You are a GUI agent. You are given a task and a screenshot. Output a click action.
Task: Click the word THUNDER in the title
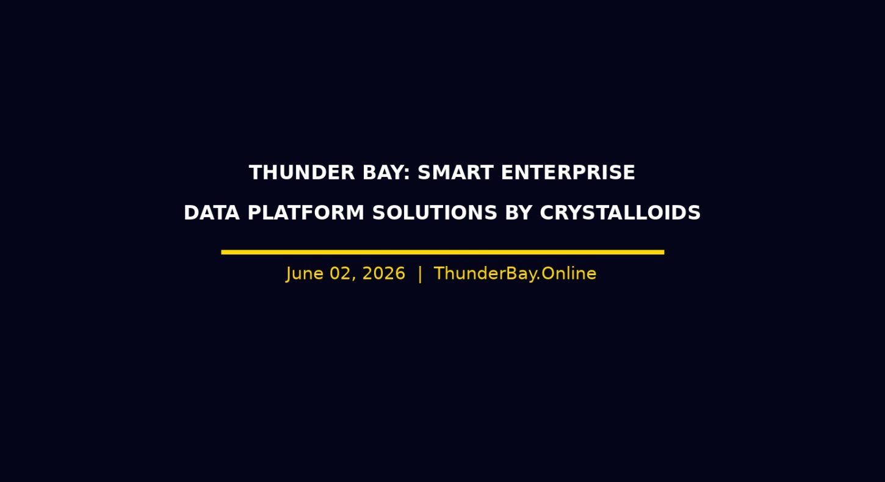coord(302,173)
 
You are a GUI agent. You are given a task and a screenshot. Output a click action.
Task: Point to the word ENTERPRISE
coord(568,173)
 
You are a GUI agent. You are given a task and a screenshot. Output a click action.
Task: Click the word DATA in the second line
coord(212,213)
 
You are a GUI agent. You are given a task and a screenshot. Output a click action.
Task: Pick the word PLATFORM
coord(306,213)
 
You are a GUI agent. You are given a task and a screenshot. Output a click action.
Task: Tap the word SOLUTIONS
coord(435,213)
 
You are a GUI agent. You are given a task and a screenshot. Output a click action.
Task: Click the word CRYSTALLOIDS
coord(620,213)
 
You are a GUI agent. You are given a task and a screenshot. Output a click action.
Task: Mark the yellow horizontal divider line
coord(442,252)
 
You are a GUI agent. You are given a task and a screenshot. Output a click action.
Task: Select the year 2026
coord(384,274)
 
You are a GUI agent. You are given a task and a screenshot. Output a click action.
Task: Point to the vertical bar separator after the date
coord(420,274)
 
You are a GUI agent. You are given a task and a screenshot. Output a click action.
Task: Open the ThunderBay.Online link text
coord(515,274)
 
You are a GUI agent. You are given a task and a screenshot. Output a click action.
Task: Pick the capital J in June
coord(289,274)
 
